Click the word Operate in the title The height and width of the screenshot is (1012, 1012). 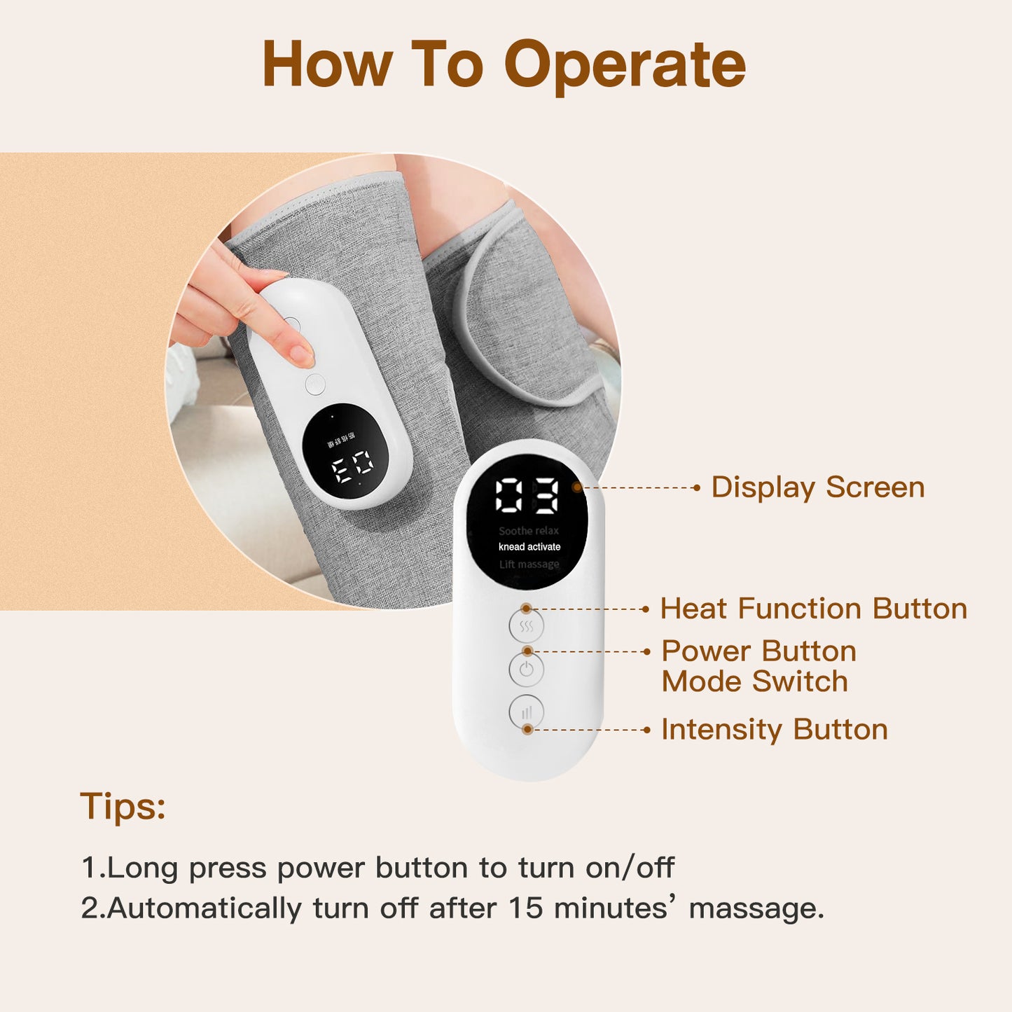625,64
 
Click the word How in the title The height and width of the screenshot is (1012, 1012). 326,64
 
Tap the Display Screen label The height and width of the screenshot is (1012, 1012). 817,487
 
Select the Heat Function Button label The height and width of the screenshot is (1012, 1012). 813,609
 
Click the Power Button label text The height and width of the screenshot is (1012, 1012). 758,651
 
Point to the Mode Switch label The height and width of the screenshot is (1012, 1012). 754,681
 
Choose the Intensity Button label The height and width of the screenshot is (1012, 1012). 774,730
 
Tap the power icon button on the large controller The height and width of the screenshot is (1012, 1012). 527,670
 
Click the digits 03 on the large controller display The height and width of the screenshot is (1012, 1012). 527,496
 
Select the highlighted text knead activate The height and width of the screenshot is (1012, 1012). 529,547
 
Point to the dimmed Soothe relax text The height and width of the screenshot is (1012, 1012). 529,531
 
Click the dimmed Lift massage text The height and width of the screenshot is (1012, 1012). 529,564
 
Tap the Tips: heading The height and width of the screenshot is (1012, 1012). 123,806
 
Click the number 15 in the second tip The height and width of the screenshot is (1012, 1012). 525,908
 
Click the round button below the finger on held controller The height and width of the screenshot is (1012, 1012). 315,384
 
